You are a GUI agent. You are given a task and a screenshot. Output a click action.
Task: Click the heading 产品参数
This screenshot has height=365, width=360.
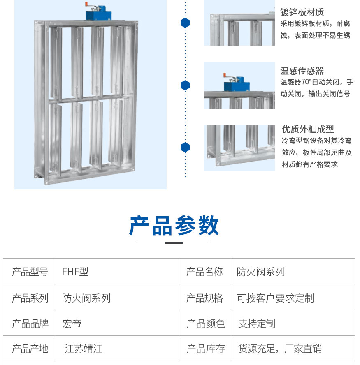pyautogui.click(x=174, y=226)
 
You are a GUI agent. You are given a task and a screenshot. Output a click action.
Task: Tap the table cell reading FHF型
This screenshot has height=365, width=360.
pyautogui.click(x=75, y=272)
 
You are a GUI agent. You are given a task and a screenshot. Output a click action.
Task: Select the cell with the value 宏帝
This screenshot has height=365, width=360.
pyautogui.click(x=72, y=323)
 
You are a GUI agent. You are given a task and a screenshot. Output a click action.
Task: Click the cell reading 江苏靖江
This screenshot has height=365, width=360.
pyautogui.click(x=84, y=349)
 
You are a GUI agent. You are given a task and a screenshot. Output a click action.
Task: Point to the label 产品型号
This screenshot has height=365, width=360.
pyautogui.click(x=30, y=272)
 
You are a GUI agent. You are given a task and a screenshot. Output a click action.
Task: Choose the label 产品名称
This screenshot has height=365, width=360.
pyautogui.click(x=204, y=272)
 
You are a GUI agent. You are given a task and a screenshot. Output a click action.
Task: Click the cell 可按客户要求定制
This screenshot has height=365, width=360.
pyautogui.click(x=275, y=298)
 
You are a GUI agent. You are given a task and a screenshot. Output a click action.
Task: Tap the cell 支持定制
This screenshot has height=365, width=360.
pyautogui.click(x=257, y=323)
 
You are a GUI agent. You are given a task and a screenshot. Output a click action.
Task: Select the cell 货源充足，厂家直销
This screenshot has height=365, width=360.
pyautogui.click(x=280, y=349)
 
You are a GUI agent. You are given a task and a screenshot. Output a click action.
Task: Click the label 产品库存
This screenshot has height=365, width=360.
pyautogui.click(x=206, y=349)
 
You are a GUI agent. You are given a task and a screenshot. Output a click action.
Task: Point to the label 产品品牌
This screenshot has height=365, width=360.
pyautogui.click(x=30, y=323)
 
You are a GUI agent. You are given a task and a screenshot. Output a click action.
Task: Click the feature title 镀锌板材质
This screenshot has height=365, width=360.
pyautogui.click(x=302, y=12)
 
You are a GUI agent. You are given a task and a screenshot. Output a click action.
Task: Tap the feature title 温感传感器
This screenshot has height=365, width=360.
pyautogui.click(x=302, y=71)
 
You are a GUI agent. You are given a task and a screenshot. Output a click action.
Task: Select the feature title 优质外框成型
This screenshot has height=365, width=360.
pyautogui.click(x=308, y=129)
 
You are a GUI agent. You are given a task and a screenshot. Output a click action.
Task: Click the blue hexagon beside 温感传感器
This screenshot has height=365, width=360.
pyautogui.click(x=185, y=85)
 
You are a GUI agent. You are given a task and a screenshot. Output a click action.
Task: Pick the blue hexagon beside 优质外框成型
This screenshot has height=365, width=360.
pyautogui.click(x=185, y=147)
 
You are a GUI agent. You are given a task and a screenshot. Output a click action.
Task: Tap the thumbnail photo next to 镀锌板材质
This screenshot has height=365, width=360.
pyautogui.click(x=239, y=23)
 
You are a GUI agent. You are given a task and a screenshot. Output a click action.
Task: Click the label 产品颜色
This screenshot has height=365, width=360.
pyautogui.click(x=206, y=323)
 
